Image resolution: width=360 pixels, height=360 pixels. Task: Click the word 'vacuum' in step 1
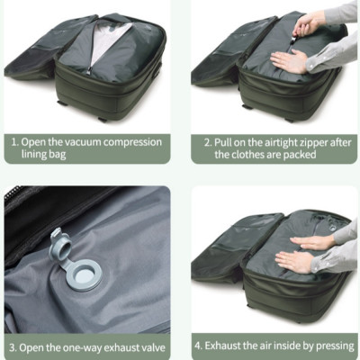[96, 141]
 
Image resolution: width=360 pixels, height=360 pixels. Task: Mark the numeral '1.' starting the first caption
[15, 141]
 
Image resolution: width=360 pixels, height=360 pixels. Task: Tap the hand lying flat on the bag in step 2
[290, 62]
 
